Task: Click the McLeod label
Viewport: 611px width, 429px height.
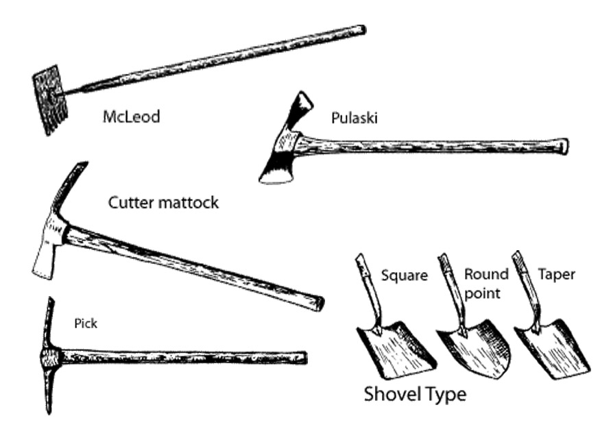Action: (x=131, y=117)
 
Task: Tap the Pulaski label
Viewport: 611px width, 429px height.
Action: (x=355, y=118)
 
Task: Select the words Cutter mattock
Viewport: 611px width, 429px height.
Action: (x=163, y=202)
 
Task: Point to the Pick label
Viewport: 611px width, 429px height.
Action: (x=86, y=323)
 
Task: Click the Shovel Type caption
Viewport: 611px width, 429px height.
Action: (x=415, y=394)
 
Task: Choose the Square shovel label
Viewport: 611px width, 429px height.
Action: (x=405, y=275)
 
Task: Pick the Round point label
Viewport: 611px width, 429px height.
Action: (x=486, y=284)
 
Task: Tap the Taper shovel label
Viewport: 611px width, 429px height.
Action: (x=556, y=274)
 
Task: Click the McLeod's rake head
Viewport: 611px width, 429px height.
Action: (x=50, y=100)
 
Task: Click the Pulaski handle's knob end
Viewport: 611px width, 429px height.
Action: (x=564, y=147)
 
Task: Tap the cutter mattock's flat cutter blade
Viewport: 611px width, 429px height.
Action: (x=44, y=261)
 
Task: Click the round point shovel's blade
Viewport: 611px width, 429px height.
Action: (x=476, y=348)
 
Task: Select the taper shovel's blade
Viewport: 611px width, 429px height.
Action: (x=553, y=348)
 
